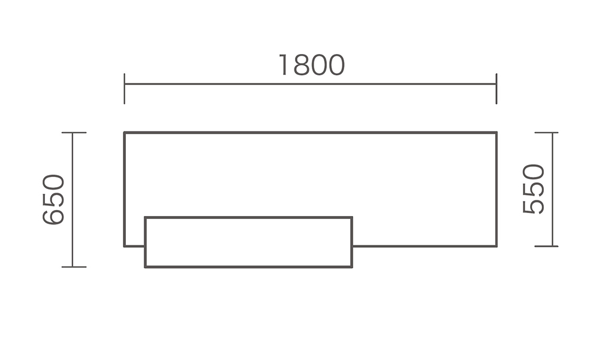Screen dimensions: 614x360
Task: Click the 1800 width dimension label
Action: [312, 65]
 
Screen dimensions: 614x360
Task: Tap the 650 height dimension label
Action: [53, 200]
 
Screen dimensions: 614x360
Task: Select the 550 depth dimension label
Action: [533, 189]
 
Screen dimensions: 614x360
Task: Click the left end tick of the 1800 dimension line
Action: [125, 89]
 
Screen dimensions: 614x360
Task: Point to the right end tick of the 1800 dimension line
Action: [496, 89]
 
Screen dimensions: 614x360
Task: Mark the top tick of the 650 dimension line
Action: [74, 133]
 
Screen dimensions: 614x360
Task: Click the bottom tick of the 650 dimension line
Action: [74, 267]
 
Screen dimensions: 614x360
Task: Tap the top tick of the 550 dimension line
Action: [546, 133]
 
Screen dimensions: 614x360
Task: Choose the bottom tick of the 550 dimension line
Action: [546, 247]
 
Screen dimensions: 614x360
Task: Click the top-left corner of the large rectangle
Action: [125, 133]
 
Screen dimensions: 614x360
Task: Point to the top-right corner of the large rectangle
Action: [496, 133]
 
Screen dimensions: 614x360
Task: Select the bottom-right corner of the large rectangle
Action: [496, 247]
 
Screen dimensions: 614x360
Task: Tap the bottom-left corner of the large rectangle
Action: [125, 247]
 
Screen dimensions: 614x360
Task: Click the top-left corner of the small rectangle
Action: [145, 217]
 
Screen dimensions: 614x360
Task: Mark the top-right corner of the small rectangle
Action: [352, 217]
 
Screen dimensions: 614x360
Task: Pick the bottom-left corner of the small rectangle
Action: [145, 267]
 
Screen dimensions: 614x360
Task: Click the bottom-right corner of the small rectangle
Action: [352, 267]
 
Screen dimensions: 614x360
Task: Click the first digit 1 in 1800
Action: [284, 65]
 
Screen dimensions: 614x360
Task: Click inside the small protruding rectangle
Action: [249, 242]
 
